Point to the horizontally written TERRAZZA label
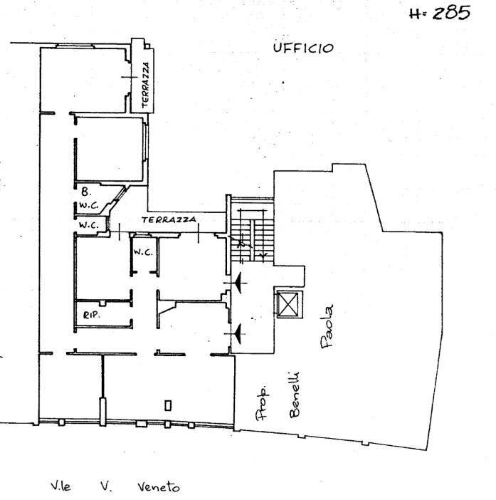169,220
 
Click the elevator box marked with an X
288,305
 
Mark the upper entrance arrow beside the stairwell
239,284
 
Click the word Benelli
293,394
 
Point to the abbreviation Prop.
262,403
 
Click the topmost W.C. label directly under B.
89,207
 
